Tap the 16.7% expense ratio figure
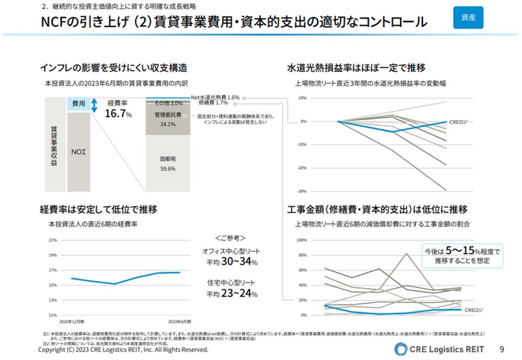[x=118, y=114]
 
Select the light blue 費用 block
[x=78, y=104]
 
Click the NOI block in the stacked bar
[x=78, y=151]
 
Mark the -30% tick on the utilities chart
[x=302, y=191]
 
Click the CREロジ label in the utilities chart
[x=458, y=122]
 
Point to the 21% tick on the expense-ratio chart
[x=53, y=240]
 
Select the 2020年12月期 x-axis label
[x=72, y=321]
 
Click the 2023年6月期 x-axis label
[x=180, y=321]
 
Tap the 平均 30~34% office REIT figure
[x=232, y=262]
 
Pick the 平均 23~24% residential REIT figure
[x=232, y=293]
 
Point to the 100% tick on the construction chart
[x=302, y=240]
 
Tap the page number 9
[x=502, y=349]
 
